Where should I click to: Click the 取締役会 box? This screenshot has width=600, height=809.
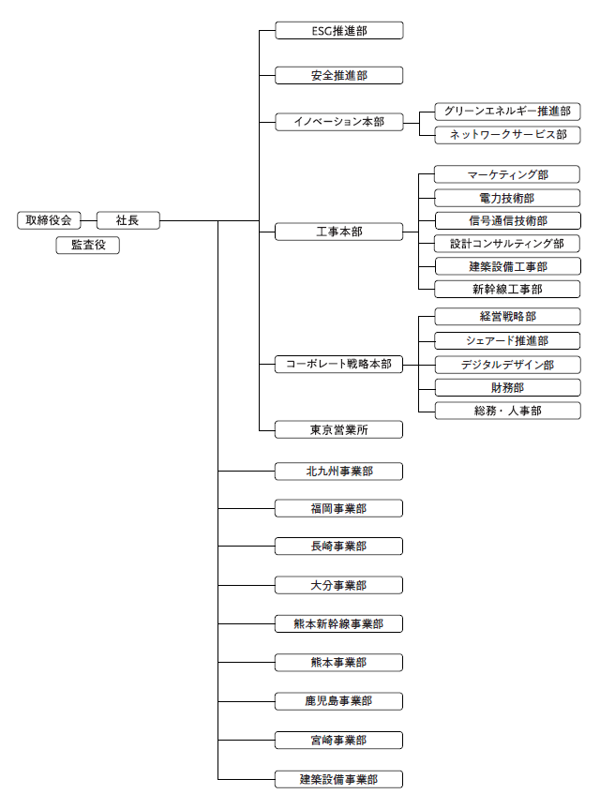click(49, 220)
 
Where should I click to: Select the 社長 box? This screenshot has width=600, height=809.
click(127, 220)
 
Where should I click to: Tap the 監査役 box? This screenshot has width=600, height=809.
click(88, 245)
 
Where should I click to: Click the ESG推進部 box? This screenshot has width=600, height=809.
click(339, 30)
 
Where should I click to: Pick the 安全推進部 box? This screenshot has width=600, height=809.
click(339, 75)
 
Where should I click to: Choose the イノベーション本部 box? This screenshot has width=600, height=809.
click(339, 122)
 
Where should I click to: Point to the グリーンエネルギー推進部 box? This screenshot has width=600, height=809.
click(507, 112)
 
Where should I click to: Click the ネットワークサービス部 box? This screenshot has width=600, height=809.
click(507, 135)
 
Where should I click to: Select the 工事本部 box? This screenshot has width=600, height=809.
click(339, 232)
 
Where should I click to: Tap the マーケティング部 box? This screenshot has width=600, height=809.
click(507, 174)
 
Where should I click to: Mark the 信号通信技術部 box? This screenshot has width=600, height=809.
click(507, 221)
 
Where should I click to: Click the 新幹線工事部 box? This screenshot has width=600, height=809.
click(507, 289)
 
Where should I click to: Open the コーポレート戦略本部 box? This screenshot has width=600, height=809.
click(339, 364)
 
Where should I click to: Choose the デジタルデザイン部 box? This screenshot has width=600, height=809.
click(507, 365)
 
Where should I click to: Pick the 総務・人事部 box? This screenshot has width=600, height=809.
click(507, 411)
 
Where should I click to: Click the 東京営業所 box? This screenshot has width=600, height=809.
click(339, 429)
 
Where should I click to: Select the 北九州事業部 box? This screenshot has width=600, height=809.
click(339, 471)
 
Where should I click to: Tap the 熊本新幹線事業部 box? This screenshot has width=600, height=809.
click(339, 623)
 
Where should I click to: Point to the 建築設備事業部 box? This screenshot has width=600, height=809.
click(339, 779)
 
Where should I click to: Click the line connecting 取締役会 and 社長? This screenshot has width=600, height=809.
click(89, 221)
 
